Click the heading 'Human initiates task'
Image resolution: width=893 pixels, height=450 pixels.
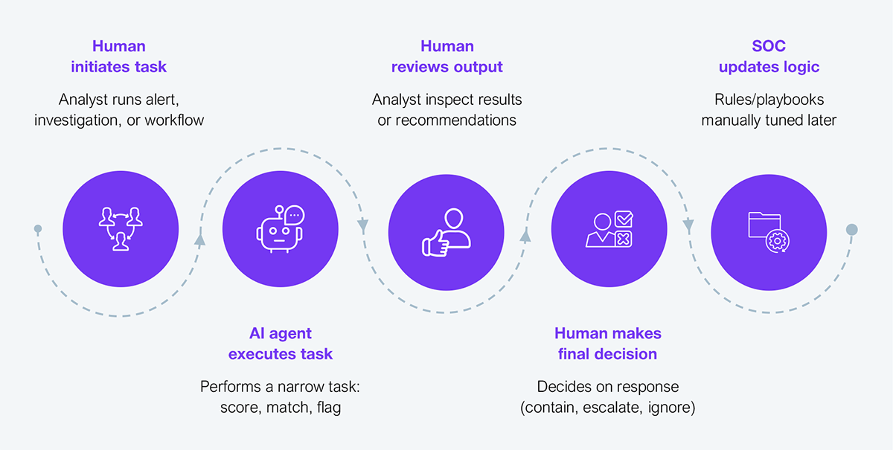(119, 57)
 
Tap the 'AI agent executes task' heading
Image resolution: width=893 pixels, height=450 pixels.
(281, 344)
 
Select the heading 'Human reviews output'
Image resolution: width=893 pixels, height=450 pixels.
(447, 57)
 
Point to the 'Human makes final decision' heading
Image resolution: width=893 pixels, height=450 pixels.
(607, 344)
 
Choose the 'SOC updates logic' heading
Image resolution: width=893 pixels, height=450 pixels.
(769, 57)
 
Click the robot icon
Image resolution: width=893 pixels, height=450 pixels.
(281, 229)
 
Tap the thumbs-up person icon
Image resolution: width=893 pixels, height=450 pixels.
(446, 232)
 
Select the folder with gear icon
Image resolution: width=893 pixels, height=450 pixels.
(769, 232)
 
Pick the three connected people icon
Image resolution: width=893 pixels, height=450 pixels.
(121, 229)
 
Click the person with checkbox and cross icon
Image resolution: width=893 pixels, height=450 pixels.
(609, 229)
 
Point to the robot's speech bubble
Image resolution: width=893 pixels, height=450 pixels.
(295, 215)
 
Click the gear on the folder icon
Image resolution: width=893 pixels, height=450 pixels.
(778, 241)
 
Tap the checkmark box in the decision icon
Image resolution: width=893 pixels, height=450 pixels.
(624, 219)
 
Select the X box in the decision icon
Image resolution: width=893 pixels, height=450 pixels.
(623, 240)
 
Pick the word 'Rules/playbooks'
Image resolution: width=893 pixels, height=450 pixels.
(769, 100)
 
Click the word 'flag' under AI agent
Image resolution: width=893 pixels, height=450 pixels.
(329, 408)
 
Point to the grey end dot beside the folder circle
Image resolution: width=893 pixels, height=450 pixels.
(852, 230)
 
